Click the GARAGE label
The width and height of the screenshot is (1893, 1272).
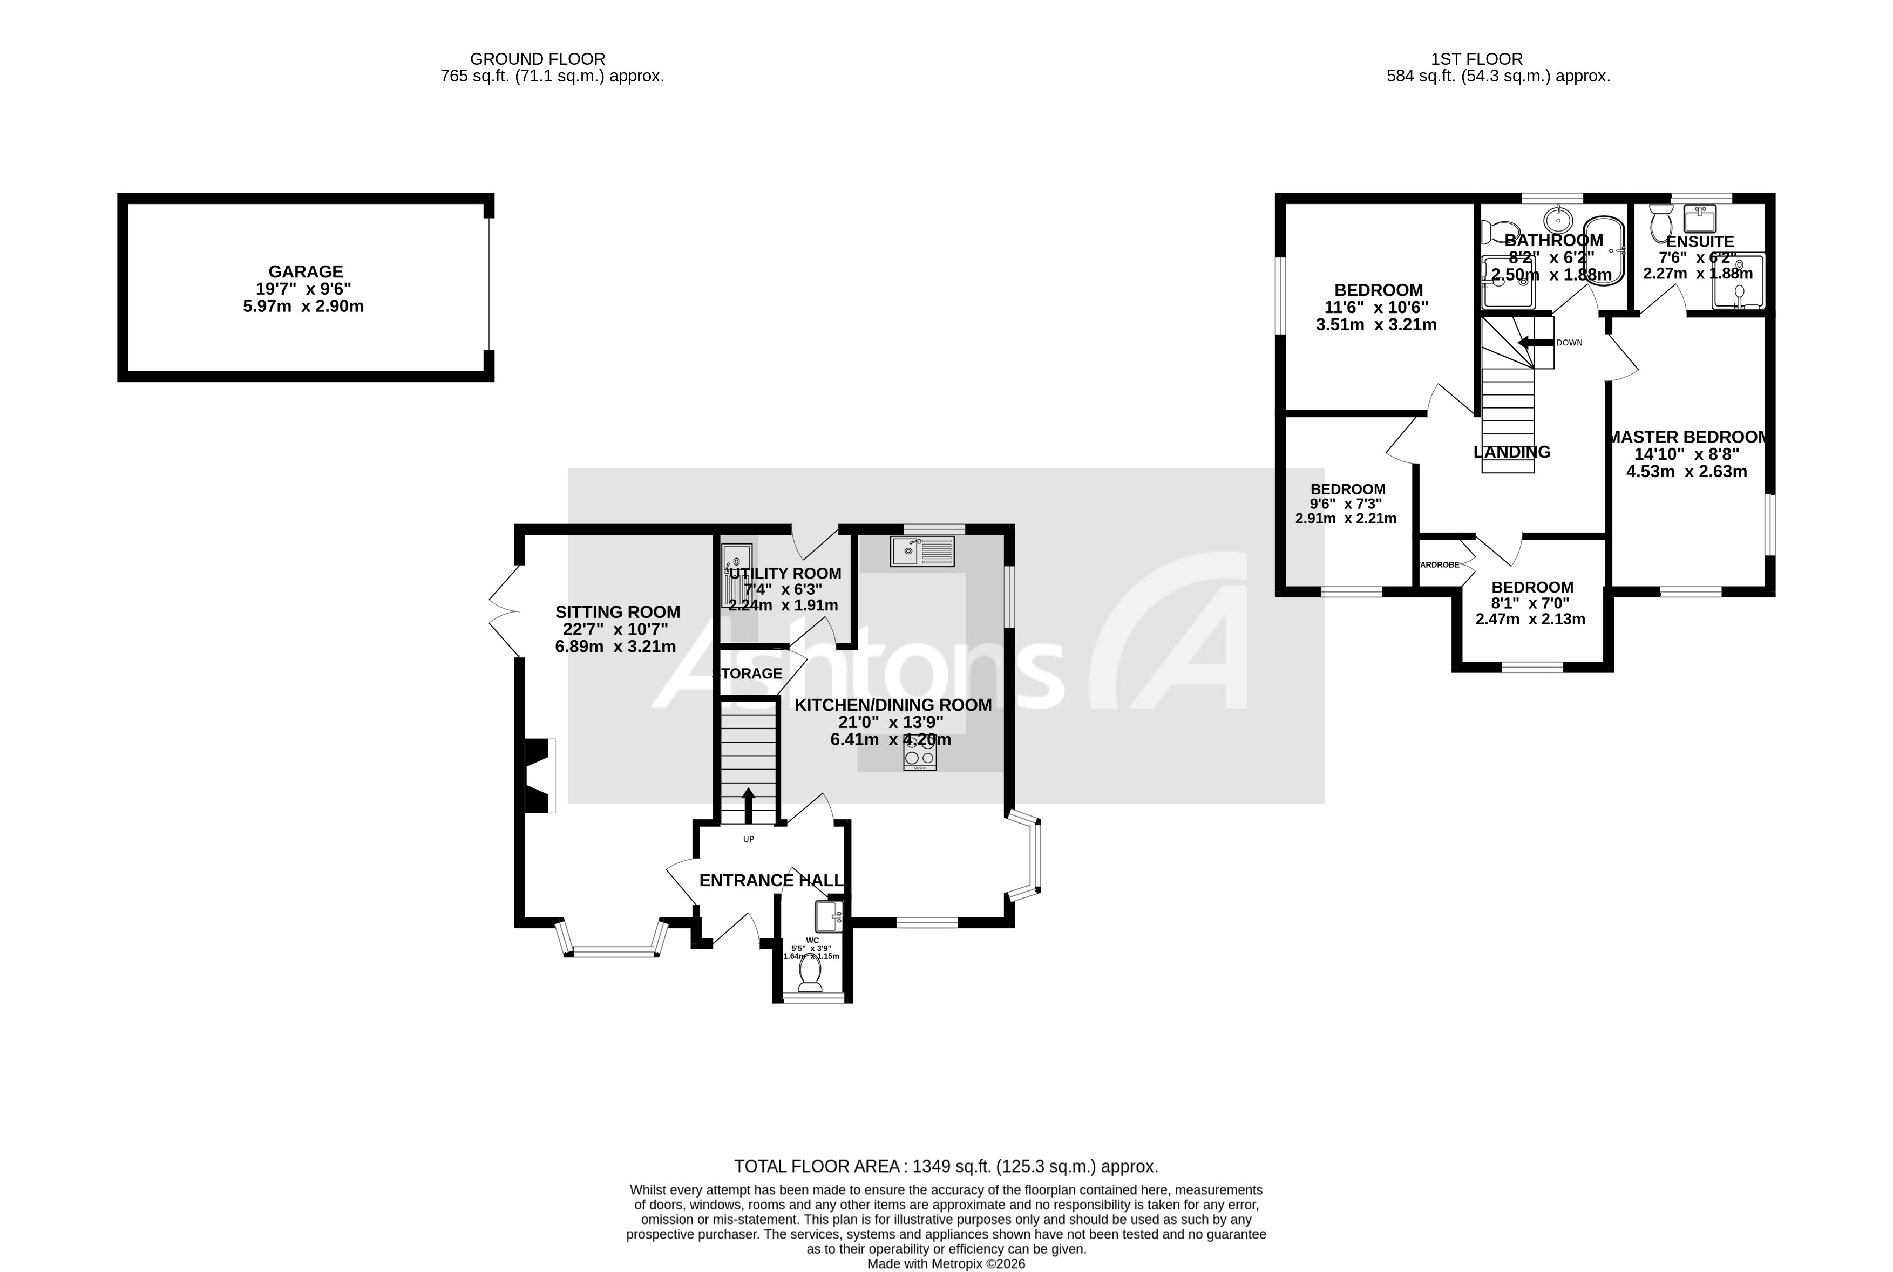[306, 272]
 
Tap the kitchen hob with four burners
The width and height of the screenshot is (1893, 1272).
[920, 756]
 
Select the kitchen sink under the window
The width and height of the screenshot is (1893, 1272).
[922, 552]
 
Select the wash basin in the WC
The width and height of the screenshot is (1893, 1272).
[829, 917]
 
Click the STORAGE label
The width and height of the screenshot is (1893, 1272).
[747, 674]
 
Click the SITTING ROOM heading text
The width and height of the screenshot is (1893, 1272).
[618, 611]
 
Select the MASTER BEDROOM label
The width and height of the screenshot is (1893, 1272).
[1687, 437]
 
